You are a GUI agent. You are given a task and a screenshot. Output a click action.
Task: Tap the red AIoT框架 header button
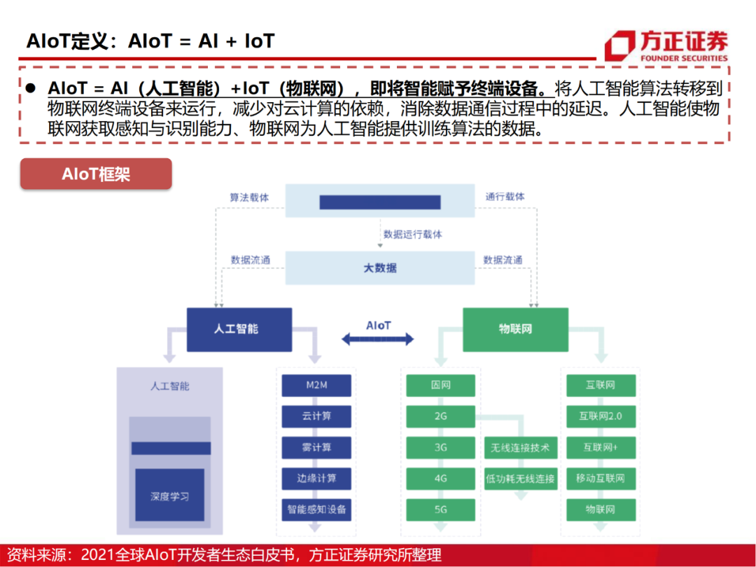[x=96, y=174]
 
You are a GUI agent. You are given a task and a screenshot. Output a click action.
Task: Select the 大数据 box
[x=380, y=268]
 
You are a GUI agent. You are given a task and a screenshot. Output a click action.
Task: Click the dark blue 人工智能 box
[x=238, y=328]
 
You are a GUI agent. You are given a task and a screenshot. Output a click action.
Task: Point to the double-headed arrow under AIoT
[x=378, y=339]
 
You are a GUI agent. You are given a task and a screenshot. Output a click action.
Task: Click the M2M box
[x=316, y=385]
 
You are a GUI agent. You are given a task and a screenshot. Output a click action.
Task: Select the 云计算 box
[x=316, y=416]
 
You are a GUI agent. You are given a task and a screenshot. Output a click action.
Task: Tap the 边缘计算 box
[x=316, y=478]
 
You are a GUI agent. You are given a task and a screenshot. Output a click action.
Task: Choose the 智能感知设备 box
[x=316, y=509]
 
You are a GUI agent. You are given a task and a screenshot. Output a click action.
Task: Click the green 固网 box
[x=440, y=385]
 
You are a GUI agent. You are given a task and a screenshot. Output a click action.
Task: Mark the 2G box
[x=440, y=416]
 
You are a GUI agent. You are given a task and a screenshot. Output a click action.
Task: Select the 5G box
[x=440, y=509]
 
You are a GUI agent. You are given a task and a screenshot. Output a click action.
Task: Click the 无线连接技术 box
[x=519, y=447]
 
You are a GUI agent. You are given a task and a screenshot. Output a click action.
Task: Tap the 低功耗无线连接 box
[x=519, y=479]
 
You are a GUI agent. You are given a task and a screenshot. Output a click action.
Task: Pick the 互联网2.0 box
[x=600, y=416]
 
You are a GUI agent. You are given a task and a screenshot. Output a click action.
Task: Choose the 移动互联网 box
[x=600, y=478]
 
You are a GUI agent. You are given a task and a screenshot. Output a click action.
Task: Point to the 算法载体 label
[x=249, y=197]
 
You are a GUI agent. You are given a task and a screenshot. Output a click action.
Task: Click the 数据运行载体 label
[x=413, y=234]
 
